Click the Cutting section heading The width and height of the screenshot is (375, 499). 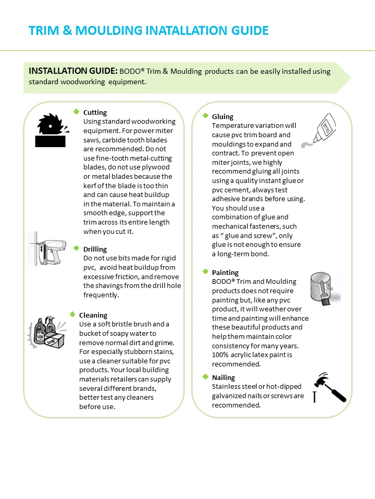click(95, 112)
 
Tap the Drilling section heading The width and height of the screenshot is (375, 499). click(95, 249)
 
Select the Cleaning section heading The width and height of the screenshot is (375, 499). click(93, 315)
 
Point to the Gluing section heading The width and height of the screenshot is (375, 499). click(222, 116)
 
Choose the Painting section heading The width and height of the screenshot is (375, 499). click(225, 272)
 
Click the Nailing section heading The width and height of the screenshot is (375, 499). click(223, 377)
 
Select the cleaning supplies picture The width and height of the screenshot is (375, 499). click(47, 334)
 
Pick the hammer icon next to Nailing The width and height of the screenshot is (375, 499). click(330, 387)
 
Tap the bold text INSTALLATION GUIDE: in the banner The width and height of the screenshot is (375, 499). click(73, 71)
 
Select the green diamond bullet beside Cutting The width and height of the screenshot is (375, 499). click(77, 112)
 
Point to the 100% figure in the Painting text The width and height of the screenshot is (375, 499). click(221, 354)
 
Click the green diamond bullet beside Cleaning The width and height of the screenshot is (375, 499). click(72, 314)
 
